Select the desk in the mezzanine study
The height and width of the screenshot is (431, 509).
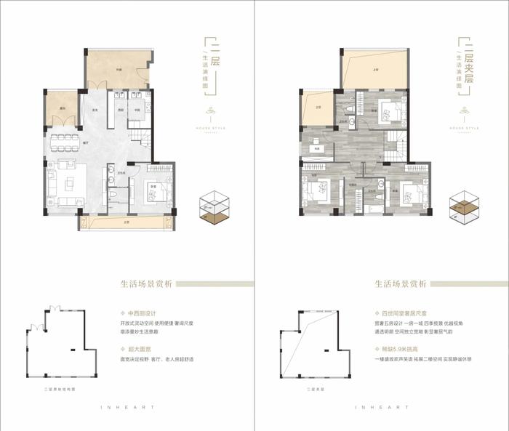[x=316, y=149]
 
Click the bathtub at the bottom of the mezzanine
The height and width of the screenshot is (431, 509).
[x=376, y=210]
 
